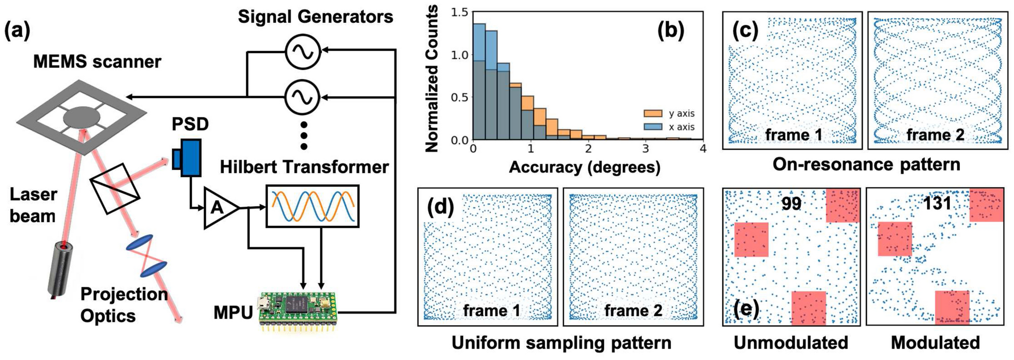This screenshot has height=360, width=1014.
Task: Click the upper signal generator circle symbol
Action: (303, 52)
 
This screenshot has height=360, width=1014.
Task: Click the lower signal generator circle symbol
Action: (303, 97)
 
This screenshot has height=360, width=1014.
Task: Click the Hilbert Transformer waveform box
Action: (312, 206)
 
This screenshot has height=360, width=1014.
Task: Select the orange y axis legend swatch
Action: (653, 113)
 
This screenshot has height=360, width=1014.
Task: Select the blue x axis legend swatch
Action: (653, 126)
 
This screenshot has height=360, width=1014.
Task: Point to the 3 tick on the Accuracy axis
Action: (646, 148)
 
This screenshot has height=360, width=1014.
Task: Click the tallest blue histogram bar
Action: (479, 81)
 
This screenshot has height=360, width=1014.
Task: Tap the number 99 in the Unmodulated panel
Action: (791, 203)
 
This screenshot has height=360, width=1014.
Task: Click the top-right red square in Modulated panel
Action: (986, 205)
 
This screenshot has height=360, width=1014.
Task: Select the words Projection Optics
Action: (124, 305)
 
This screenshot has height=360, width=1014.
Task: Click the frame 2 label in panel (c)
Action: (935, 135)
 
